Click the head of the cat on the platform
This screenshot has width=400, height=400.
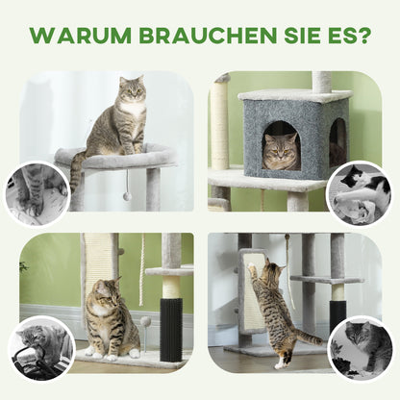coord(132,92)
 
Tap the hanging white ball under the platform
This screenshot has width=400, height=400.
coord(126,196)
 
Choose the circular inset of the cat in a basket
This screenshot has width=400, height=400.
coord(40,347)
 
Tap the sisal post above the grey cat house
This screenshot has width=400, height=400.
coord(321,81)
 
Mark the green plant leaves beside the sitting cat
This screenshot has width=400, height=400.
coord(24,266)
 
